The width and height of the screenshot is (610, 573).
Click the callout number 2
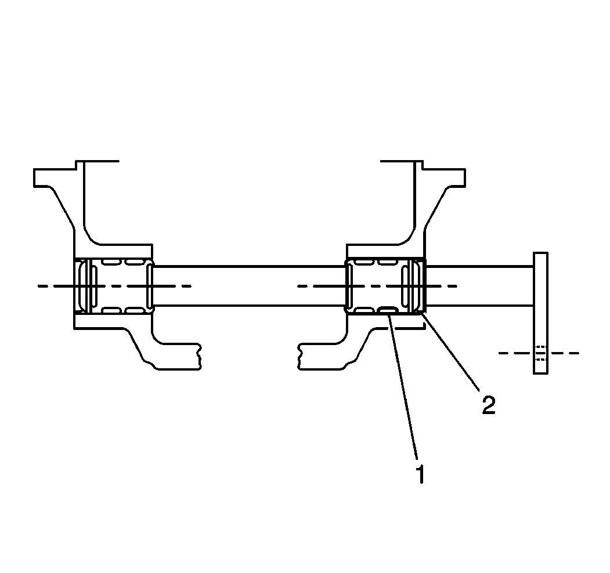click(x=489, y=405)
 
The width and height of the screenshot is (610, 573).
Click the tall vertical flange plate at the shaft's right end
click(x=540, y=313)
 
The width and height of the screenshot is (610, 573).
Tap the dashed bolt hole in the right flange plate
click(x=541, y=353)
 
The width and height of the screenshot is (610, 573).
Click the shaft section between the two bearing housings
click(x=250, y=286)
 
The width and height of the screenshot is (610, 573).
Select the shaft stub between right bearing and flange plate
click(x=479, y=286)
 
